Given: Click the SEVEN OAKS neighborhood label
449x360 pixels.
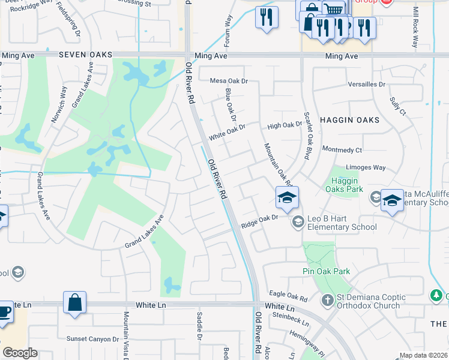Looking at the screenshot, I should tap(86, 55).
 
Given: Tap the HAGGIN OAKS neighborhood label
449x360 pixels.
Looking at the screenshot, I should tap(350, 120).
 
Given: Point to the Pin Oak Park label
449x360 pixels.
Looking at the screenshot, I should tap(326, 272).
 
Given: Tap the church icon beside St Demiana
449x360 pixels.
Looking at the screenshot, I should tap(328, 299).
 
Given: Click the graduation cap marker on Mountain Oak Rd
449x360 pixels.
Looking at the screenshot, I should tap(288, 197).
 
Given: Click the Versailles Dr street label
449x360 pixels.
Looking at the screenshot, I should tap(366, 85).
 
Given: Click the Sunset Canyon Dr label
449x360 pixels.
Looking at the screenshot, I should tap(93, 339).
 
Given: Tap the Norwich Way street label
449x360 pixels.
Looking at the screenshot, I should tap(58, 104).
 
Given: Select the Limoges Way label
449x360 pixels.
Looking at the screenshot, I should tap(366, 167).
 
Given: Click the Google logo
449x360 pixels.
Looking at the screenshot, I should tap(20, 353).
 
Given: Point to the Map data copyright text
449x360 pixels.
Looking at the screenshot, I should tap(423, 355).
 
